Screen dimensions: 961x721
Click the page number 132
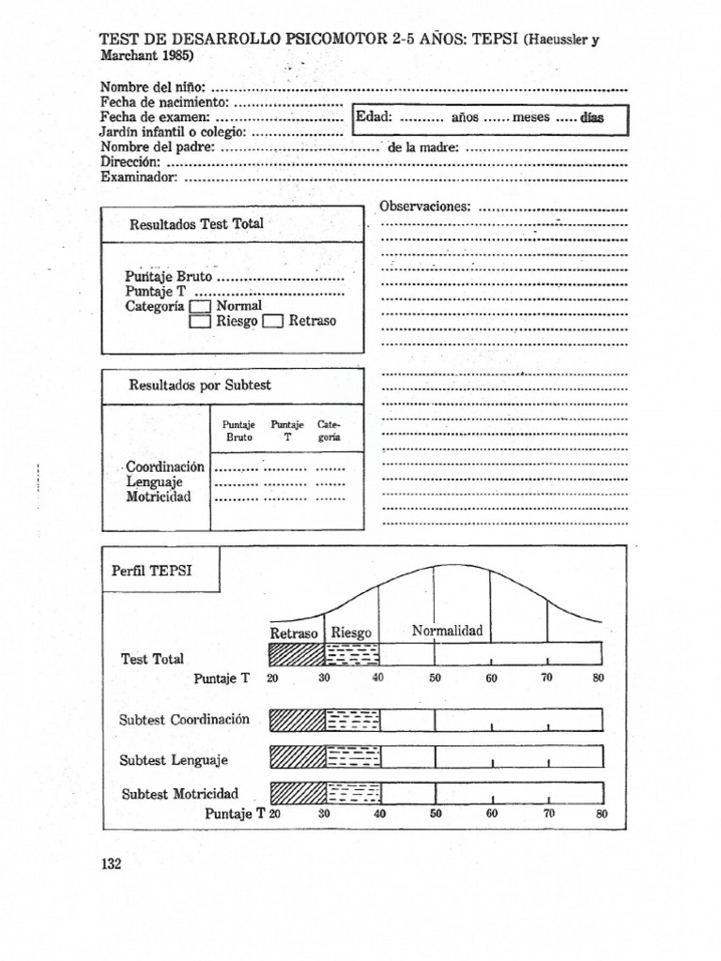(x=111, y=864)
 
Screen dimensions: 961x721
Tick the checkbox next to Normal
(x=201, y=306)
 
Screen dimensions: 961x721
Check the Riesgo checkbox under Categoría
(x=201, y=322)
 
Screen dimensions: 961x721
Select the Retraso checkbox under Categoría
(x=273, y=322)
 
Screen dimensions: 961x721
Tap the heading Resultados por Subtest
(x=200, y=385)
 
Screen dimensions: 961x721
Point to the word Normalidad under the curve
(x=446, y=631)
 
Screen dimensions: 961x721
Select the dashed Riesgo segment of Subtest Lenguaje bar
(x=353, y=756)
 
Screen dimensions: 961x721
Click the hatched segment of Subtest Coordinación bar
(x=297, y=721)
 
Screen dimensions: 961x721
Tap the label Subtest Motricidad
(x=180, y=793)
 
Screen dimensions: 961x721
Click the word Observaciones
(x=423, y=206)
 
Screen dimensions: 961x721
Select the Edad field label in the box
(x=374, y=118)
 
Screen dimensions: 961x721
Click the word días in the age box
(x=591, y=118)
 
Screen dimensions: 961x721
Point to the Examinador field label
(x=138, y=175)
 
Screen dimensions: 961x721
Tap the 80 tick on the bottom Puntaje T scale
(x=602, y=815)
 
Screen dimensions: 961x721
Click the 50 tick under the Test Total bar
(x=435, y=678)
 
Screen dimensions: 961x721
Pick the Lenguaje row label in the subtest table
(x=155, y=481)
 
